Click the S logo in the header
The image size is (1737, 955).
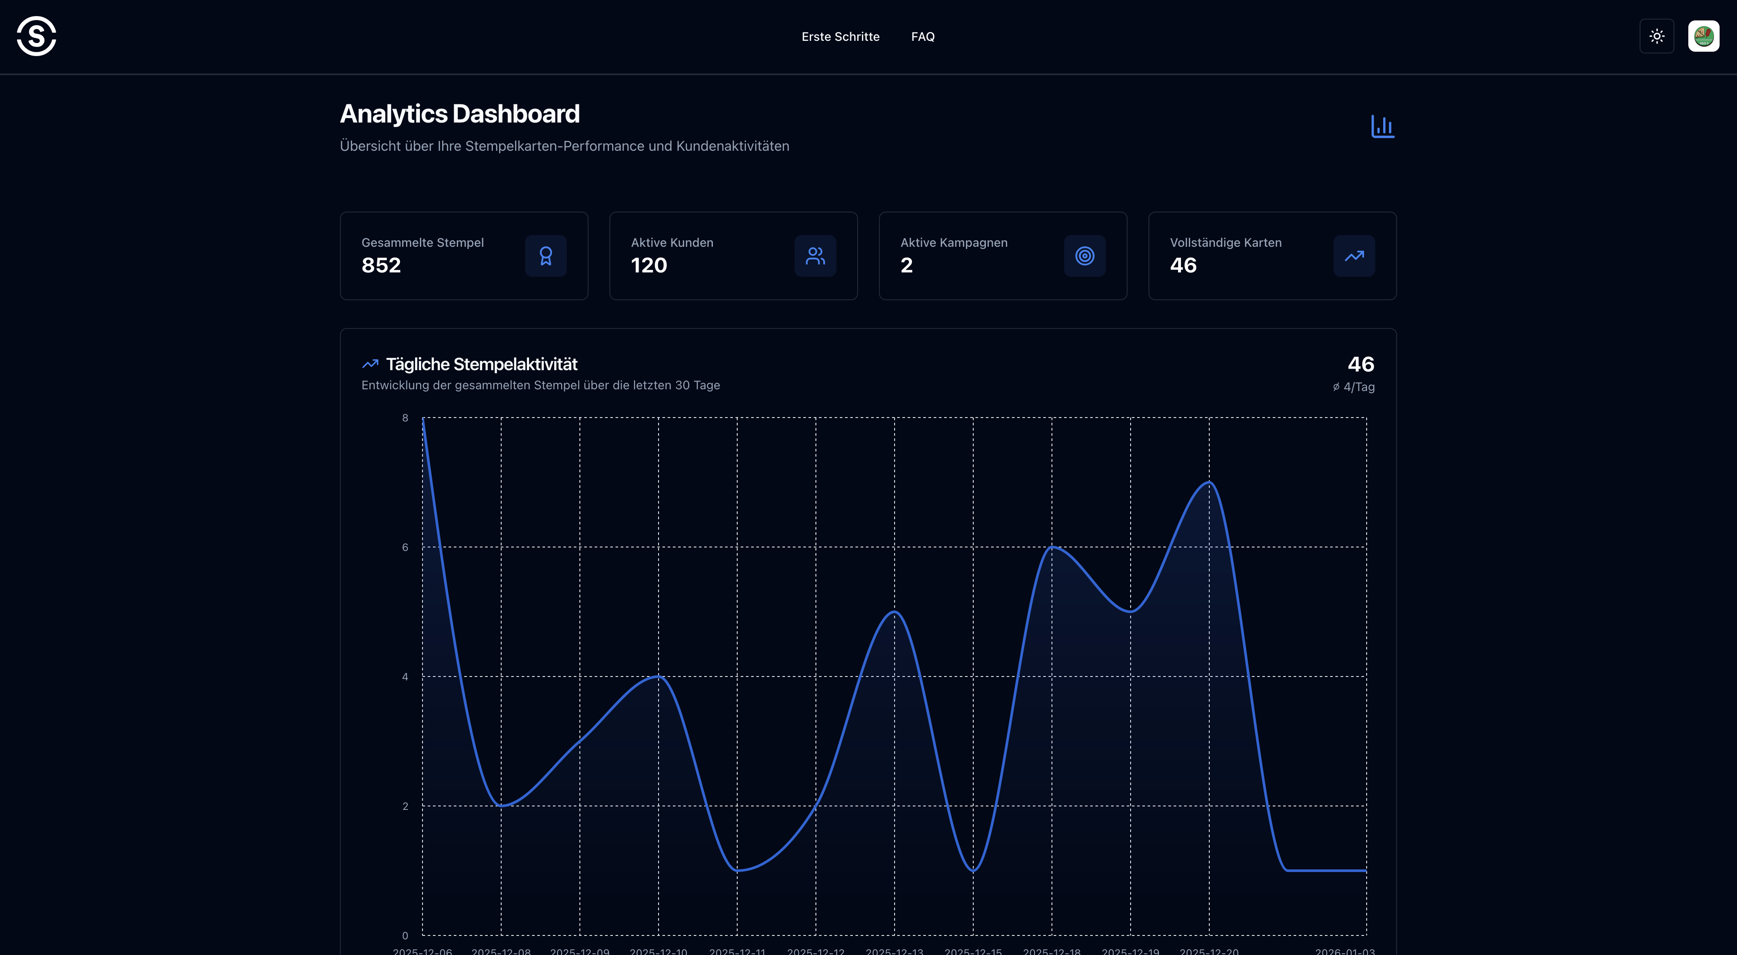(37, 36)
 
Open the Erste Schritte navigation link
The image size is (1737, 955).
(840, 36)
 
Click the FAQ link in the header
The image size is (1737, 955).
(922, 36)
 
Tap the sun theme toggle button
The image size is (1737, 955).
(1657, 36)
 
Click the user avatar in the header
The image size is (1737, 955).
(1703, 36)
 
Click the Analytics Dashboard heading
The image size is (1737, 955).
(459, 114)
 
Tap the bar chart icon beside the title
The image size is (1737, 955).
(1382, 126)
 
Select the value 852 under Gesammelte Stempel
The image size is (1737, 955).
(381, 265)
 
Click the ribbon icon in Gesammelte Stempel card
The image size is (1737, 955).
(546, 256)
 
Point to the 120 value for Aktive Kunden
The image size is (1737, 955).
(649, 265)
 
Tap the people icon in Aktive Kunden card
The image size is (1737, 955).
(815, 256)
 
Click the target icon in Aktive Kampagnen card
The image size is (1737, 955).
(1084, 256)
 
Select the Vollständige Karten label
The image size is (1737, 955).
(1225, 242)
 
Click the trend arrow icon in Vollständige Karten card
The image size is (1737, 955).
(1354, 256)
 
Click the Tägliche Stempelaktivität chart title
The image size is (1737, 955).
(482, 365)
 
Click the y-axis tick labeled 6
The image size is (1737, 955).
(405, 547)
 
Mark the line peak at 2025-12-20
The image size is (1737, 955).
(1209, 482)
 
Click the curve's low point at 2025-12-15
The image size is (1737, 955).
(973, 870)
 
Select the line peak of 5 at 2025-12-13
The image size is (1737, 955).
(894, 611)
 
